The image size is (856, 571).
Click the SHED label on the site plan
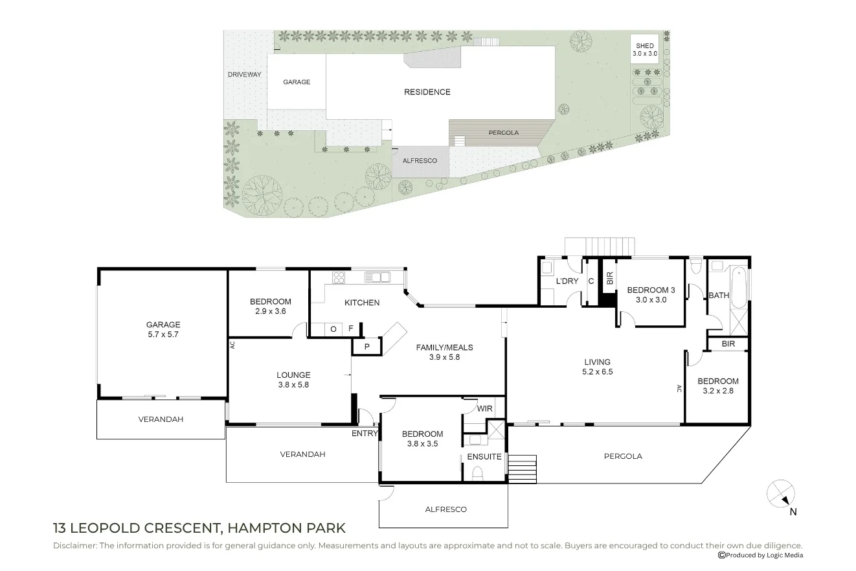click(x=645, y=46)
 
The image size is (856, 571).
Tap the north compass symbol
click(x=781, y=494)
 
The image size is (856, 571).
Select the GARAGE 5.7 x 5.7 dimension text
click(x=163, y=334)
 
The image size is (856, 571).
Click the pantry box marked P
click(x=367, y=347)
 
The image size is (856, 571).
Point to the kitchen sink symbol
click(x=377, y=277)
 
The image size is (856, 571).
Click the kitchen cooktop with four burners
click(x=339, y=277)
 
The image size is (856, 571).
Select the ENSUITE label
click(x=484, y=457)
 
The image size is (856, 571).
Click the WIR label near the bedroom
click(x=484, y=408)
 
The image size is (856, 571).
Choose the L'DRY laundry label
click(x=567, y=281)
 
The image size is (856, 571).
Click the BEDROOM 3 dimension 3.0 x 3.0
click(x=651, y=300)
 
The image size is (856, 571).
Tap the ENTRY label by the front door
click(x=365, y=434)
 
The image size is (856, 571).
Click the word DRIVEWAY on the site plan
click(x=245, y=75)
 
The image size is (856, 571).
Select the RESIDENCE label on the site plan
click(x=427, y=92)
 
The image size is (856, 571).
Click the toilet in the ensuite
click(x=478, y=474)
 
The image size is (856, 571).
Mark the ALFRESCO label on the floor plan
click(x=446, y=509)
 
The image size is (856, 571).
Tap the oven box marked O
click(x=333, y=329)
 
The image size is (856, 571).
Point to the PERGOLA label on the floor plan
click(x=623, y=456)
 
